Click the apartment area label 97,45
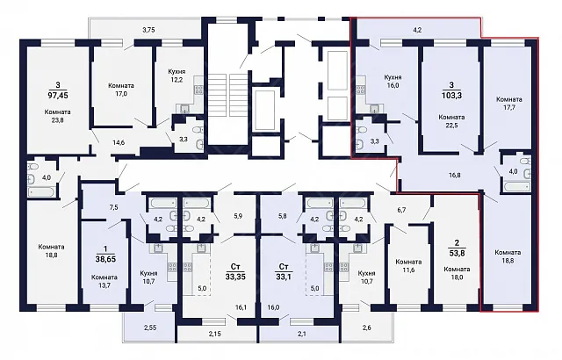coord(58,96)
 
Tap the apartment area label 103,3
coord(451,96)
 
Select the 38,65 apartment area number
coord(104,259)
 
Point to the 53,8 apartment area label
coord(457,253)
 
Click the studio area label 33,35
coord(235,277)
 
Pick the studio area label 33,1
coord(284,277)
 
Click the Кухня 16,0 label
coord(393,82)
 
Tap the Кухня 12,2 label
coord(177,76)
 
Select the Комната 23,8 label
coord(57,116)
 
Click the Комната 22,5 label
coord(451,121)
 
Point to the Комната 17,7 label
coord(509,103)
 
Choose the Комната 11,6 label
coord(408,266)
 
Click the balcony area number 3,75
coord(148,30)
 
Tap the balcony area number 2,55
coord(150,328)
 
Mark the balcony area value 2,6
coord(367,328)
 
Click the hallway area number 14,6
coord(119,142)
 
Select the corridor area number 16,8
coord(455,175)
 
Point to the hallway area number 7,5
coord(113,207)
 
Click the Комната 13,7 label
coord(104,281)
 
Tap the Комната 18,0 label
coord(457,273)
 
